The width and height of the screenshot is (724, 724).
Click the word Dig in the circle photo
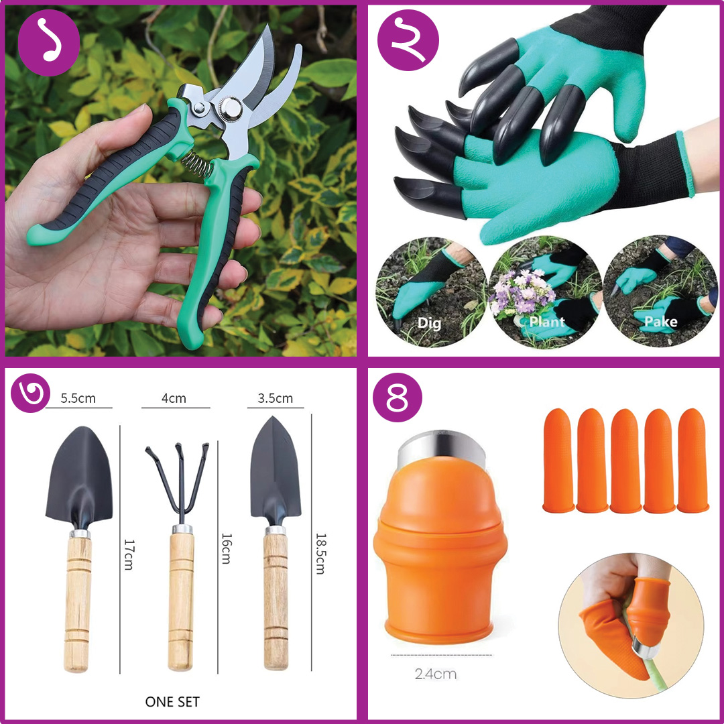click(429, 322)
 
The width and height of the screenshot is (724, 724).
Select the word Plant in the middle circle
click(547, 322)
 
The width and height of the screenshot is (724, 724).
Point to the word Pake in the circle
click(660, 322)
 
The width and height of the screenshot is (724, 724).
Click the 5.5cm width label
click(78, 398)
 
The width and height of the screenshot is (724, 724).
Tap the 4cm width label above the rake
click(174, 398)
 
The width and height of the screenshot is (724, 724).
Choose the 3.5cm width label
click(276, 398)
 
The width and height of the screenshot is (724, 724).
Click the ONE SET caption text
click(172, 702)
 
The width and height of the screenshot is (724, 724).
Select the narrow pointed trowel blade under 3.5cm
click(276, 469)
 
